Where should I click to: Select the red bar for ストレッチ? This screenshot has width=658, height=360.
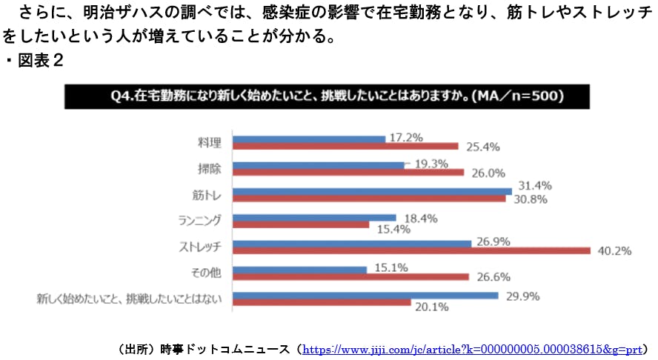[x=411, y=250]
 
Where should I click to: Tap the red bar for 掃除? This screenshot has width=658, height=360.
[x=348, y=173]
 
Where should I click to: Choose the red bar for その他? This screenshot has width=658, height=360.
[x=350, y=276]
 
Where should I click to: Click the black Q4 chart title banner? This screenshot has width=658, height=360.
[x=326, y=96]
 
